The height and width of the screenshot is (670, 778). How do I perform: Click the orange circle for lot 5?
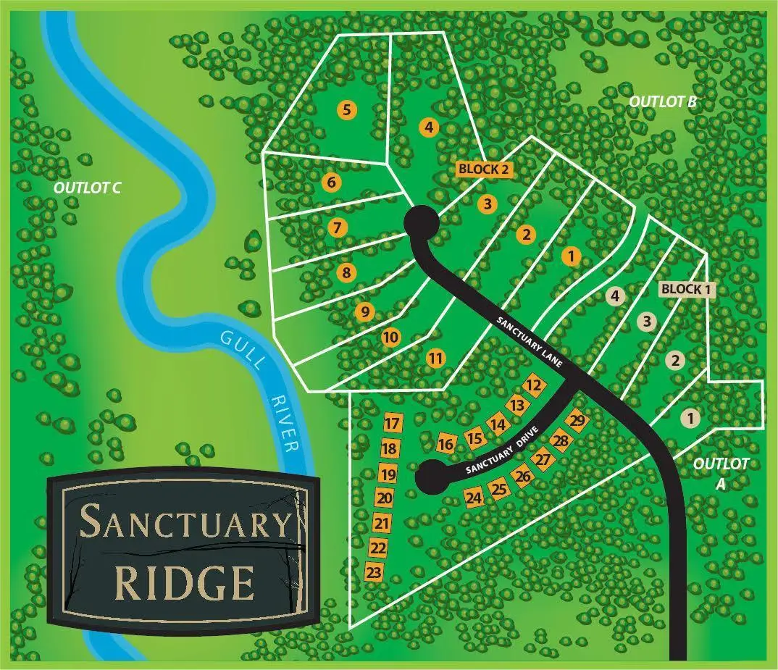pyautogui.click(x=348, y=110)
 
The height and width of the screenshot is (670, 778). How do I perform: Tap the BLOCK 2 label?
pyautogui.click(x=485, y=169)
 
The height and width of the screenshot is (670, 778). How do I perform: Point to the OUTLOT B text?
pyautogui.click(x=662, y=101)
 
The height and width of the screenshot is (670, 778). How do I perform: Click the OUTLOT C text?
pyautogui.click(x=87, y=188)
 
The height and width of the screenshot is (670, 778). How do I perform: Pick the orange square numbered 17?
pyautogui.click(x=392, y=424)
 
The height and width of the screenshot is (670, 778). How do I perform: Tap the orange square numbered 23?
pyautogui.click(x=374, y=572)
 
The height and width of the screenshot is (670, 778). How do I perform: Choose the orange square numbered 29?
pyautogui.click(x=577, y=421)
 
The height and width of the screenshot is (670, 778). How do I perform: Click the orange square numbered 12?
pyautogui.click(x=534, y=385)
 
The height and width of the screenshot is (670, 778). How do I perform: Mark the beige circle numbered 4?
pyautogui.click(x=615, y=296)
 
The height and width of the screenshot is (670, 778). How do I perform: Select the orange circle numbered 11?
pyautogui.click(x=435, y=357)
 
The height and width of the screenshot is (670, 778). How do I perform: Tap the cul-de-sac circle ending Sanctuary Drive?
pyautogui.click(x=432, y=477)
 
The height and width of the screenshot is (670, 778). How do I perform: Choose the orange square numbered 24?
pyautogui.click(x=474, y=498)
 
